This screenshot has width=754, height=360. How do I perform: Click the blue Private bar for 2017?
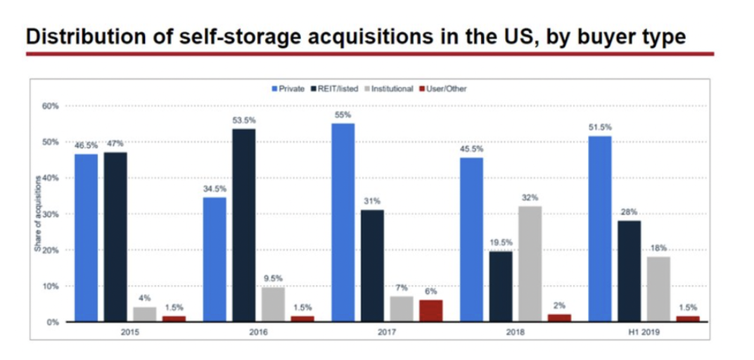click(x=343, y=222)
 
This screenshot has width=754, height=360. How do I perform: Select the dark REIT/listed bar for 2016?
click(x=244, y=225)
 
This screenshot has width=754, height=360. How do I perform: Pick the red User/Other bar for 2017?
click(x=430, y=311)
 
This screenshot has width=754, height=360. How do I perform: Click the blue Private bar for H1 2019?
click(x=599, y=229)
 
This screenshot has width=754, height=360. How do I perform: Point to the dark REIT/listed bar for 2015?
click(x=115, y=237)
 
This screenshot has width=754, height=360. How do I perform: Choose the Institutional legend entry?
click(x=390, y=89)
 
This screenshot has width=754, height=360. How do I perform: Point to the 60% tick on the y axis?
click(x=52, y=106)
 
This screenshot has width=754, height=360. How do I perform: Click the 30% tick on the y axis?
click(x=52, y=214)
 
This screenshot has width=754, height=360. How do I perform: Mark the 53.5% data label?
click(x=244, y=121)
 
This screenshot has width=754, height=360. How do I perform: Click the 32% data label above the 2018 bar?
click(x=530, y=198)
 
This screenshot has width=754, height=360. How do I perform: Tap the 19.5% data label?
click(x=501, y=243)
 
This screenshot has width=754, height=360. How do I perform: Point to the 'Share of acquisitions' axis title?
click(x=39, y=214)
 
